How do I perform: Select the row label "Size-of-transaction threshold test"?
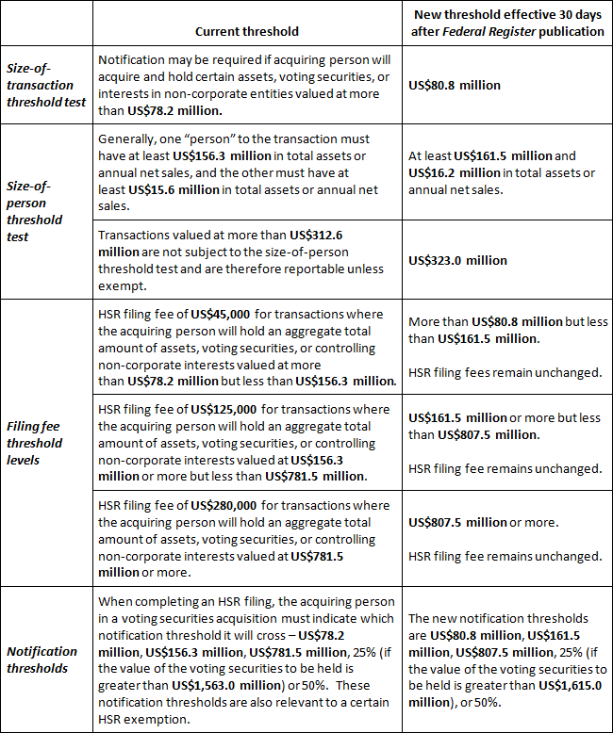pos(47,85)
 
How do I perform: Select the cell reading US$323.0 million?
pos(457,260)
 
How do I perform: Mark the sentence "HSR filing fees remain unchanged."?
pos(505,372)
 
